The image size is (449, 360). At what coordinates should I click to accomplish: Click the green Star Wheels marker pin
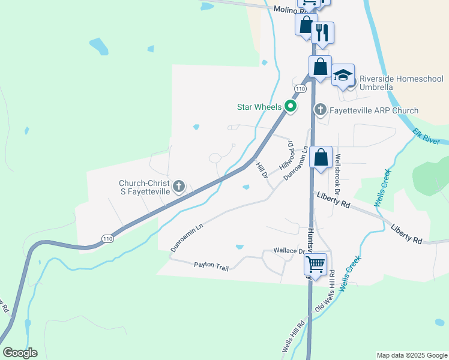291,107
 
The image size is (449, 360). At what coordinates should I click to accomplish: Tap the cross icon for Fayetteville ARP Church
321,109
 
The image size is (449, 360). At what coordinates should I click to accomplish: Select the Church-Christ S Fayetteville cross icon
178,187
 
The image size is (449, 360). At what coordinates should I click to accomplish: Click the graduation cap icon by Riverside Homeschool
343,75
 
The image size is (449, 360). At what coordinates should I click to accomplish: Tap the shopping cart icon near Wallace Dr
315,263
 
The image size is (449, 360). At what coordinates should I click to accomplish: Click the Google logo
20,352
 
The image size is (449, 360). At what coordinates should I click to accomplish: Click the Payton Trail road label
211,265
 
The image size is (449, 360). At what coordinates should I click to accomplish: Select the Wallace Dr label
290,250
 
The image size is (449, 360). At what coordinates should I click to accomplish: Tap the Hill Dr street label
262,170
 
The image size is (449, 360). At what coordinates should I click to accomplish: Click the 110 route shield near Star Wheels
301,88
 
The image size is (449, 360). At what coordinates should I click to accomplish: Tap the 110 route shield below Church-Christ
107,238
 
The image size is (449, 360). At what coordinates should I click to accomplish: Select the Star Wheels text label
259,107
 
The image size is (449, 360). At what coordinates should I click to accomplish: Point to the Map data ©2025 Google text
411,355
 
